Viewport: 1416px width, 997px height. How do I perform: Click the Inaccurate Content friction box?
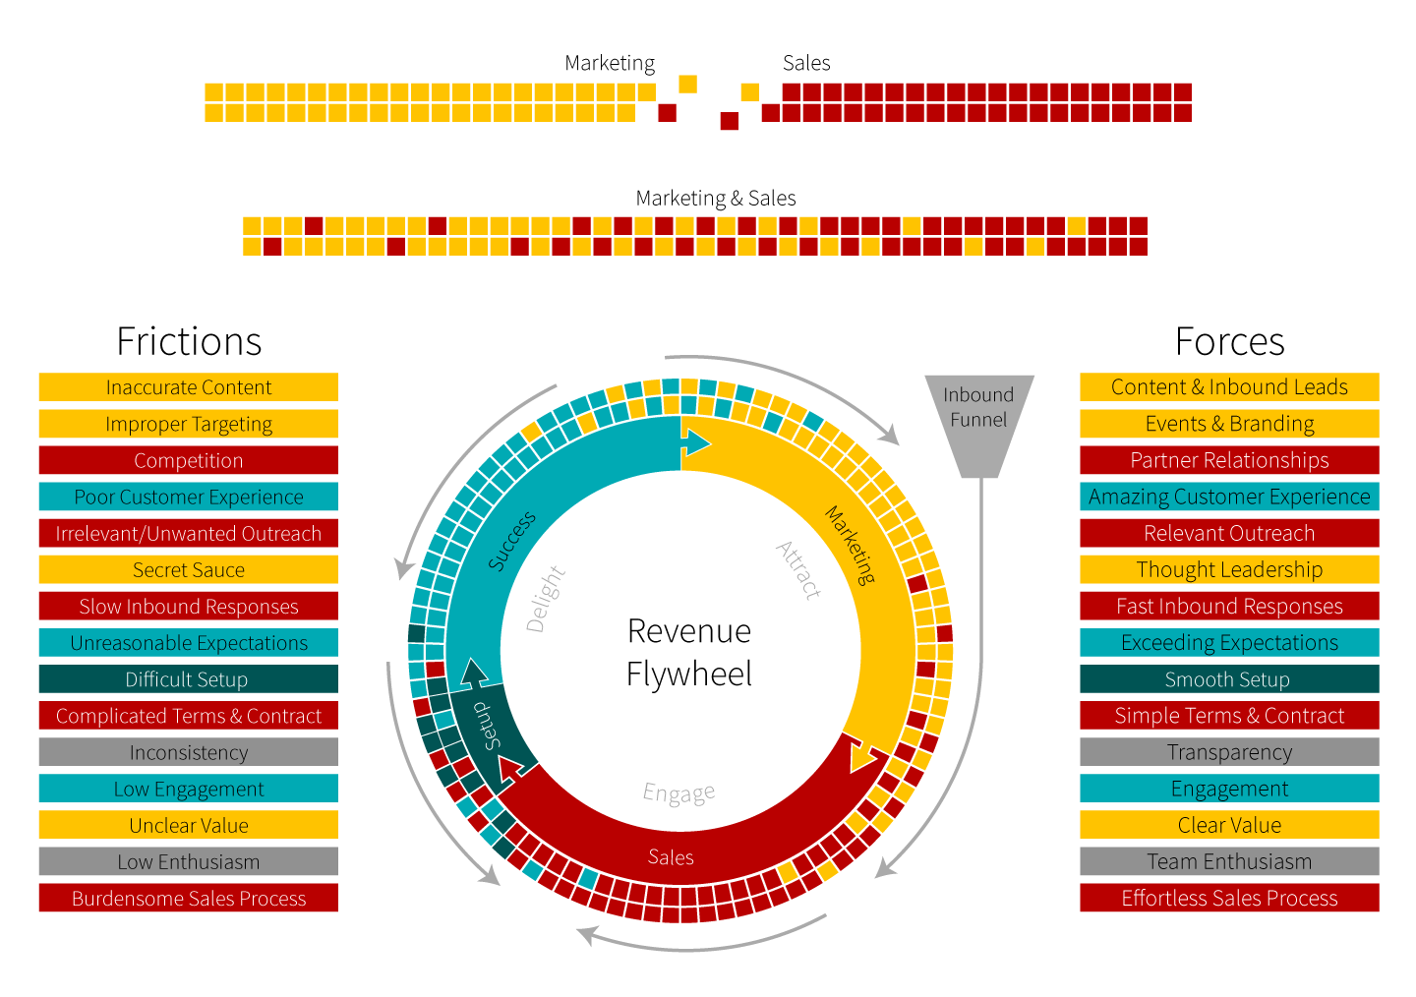tap(189, 387)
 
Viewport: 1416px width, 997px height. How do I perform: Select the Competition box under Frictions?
tap(189, 460)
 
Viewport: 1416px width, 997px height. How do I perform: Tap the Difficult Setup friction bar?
tap(189, 679)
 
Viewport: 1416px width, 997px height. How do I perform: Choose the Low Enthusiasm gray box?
tap(189, 862)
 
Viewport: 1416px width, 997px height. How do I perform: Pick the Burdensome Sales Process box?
tap(189, 899)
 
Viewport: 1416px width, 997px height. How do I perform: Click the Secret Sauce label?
tap(189, 570)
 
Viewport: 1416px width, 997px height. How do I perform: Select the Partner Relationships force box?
tap(1229, 460)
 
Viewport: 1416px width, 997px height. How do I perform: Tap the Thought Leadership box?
tap(1229, 570)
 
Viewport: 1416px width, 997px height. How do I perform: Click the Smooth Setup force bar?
tap(1229, 679)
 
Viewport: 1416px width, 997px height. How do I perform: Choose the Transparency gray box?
tap(1229, 752)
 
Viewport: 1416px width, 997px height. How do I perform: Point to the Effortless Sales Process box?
tap(1229, 899)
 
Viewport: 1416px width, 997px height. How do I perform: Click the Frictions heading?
tap(189, 342)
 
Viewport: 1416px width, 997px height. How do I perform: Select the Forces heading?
tap(1229, 342)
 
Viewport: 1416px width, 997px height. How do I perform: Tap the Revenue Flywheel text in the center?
tap(689, 652)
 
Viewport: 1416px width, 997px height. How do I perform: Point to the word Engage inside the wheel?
tap(678, 793)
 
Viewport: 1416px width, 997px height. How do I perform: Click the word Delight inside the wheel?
tap(546, 599)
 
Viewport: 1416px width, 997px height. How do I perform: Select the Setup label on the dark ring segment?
tap(487, 726)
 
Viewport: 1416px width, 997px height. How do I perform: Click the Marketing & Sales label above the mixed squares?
tap(716, 199)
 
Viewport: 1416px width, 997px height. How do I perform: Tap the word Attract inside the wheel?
tap(798, 570)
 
